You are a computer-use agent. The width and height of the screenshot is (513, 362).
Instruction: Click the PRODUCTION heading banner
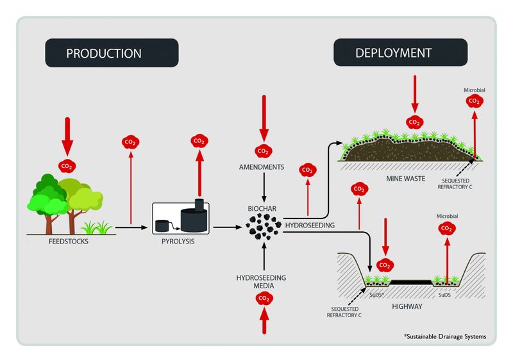tap(112, 53)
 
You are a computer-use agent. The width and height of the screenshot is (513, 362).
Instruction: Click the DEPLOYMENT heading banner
tap(394, 53)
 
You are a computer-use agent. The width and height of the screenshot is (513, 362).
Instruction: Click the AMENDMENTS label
tap(263, 167)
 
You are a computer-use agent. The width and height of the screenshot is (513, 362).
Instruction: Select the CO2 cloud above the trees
tap(67, 166)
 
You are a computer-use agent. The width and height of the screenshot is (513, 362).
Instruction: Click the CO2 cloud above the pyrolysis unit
tap(198, 141)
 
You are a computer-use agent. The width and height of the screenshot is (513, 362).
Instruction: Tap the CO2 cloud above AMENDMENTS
tap(263, 151)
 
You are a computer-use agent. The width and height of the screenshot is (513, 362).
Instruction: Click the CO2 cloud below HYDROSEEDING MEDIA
tap(263, 299)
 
